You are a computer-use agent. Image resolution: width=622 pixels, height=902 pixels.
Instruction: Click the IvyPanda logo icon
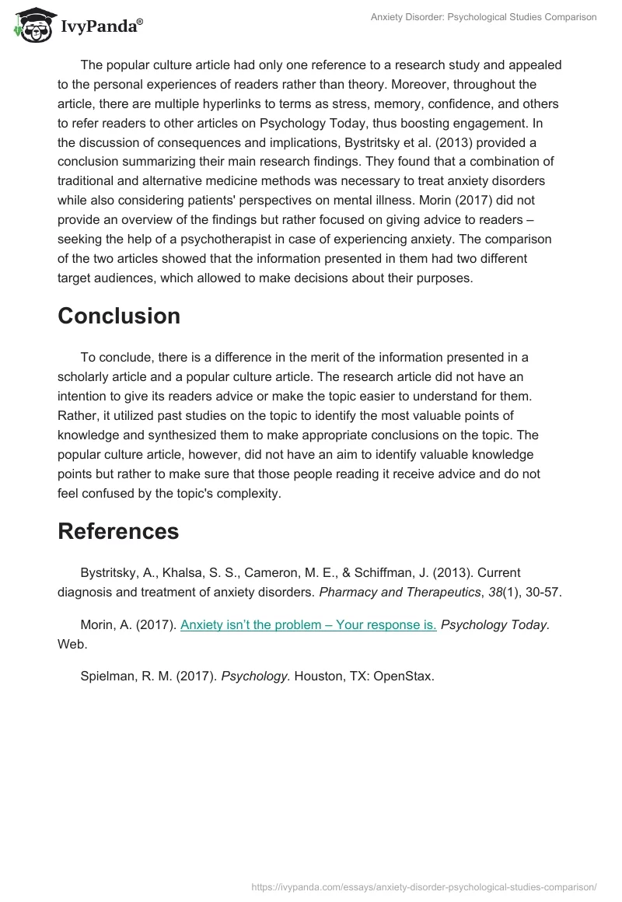(32, 26)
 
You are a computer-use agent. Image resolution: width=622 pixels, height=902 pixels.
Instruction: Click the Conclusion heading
(119, 316)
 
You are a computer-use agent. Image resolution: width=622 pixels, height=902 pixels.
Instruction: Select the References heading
(118, 531)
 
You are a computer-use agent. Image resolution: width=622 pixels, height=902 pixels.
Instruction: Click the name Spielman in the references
(107, 676)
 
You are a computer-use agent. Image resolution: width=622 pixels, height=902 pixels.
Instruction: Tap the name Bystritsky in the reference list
(110, 572)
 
